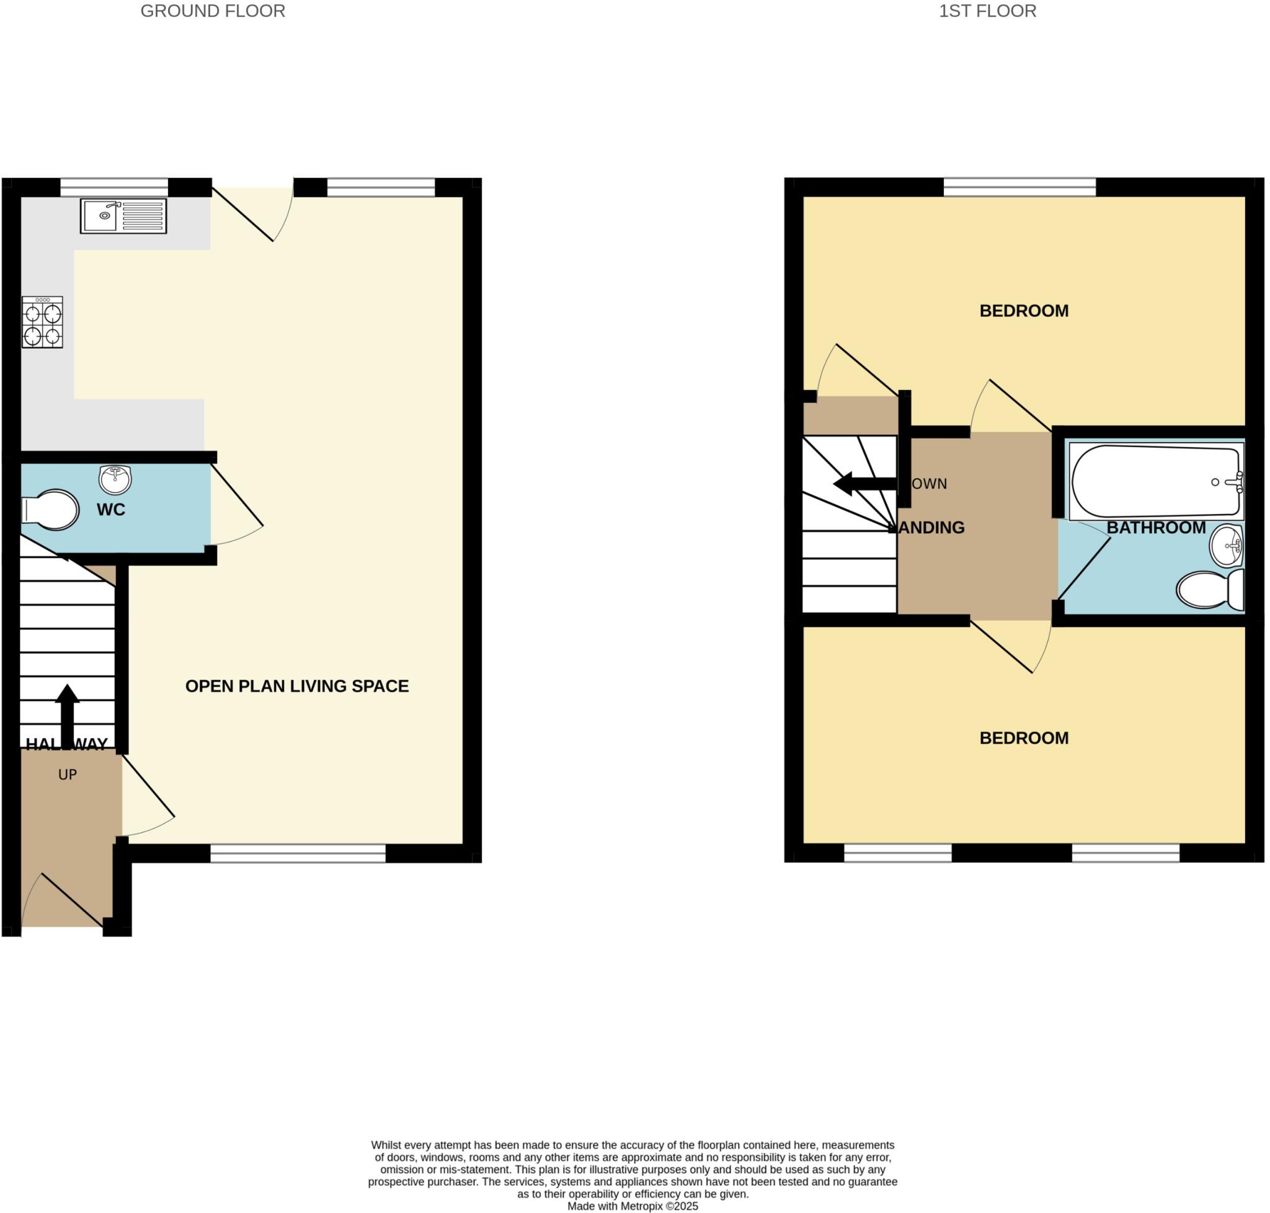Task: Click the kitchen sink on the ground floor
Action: point(123,215)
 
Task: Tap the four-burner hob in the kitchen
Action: point(43,322)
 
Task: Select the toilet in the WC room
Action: point(51,510)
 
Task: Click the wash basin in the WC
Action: point(115,479)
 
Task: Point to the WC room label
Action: point(110,510)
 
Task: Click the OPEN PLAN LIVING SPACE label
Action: point(297,686)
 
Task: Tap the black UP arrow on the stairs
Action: point(67,714)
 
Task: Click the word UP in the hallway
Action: point(67,775)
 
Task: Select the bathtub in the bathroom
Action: point(1155,482)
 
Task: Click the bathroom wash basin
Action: point(1226,545)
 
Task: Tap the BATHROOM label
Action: point(1155,528)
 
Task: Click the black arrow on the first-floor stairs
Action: point(864,483)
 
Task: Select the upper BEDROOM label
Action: point(1024,311)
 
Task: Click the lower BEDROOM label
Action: point(1024,738)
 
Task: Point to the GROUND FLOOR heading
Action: point(213,11)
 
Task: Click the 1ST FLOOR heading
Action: point(987,11)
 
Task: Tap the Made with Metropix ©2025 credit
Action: point(633,1206)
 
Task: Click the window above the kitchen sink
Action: point(115,187)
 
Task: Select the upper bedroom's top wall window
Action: point(1019,187)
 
